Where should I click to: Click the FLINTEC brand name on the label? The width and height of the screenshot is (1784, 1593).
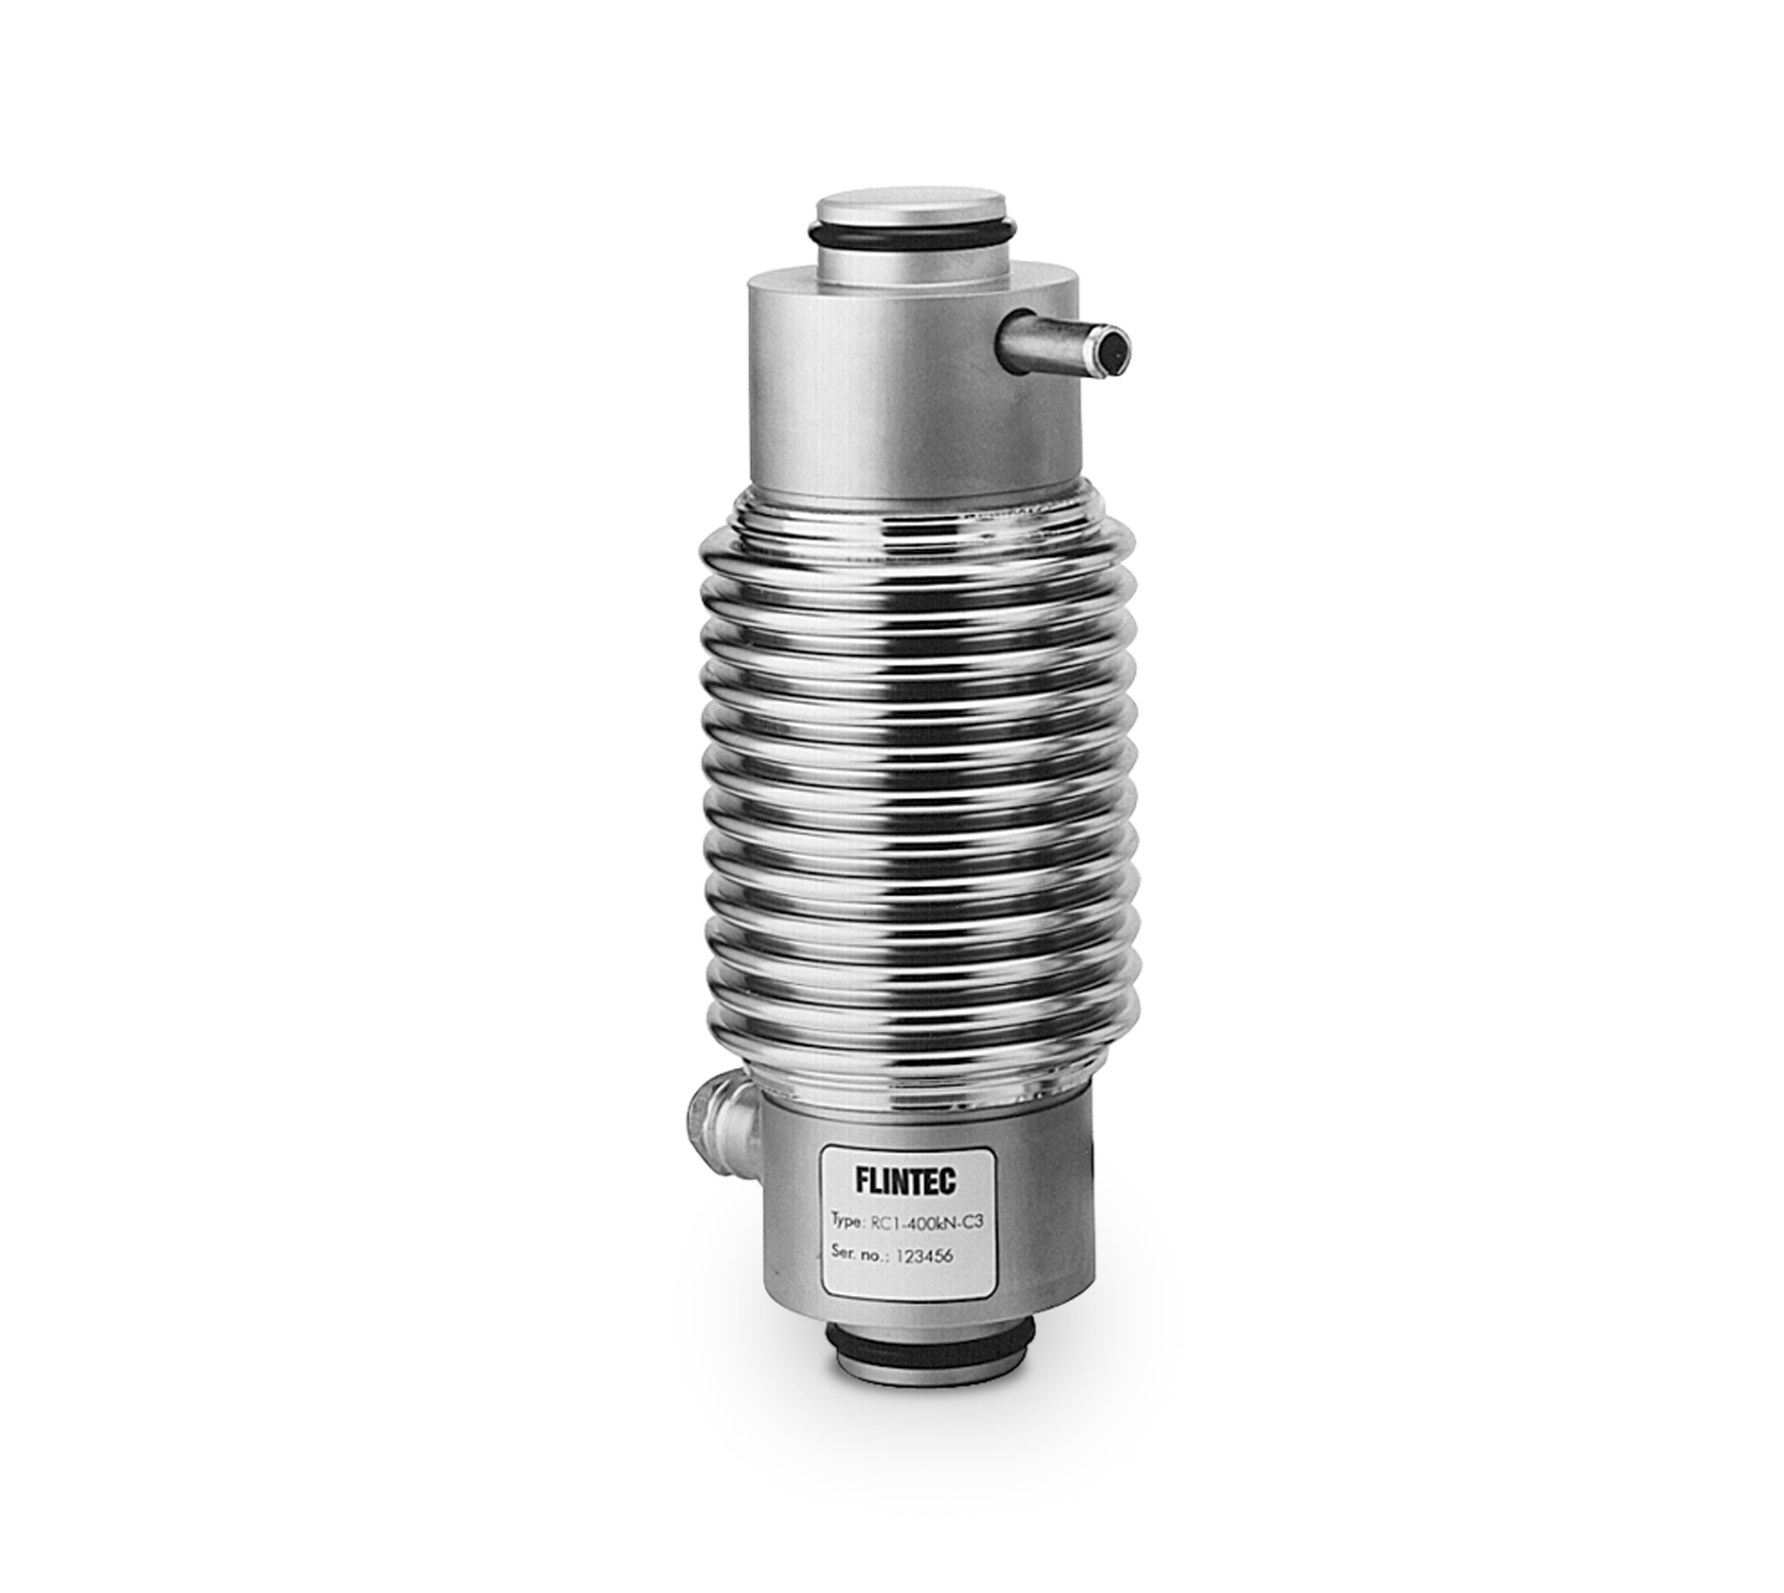905,1181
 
